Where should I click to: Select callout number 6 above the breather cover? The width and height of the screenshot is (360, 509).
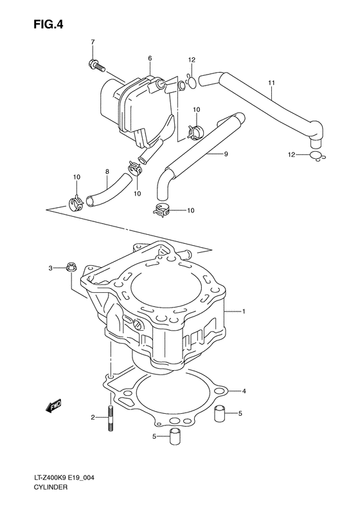click(x=150, y=59)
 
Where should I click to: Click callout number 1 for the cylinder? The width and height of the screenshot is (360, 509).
click(x=244, y=311)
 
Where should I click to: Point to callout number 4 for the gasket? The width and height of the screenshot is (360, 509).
click(x=244, y=391)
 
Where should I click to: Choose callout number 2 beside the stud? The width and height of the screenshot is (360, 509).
click(x=93, y=418)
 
